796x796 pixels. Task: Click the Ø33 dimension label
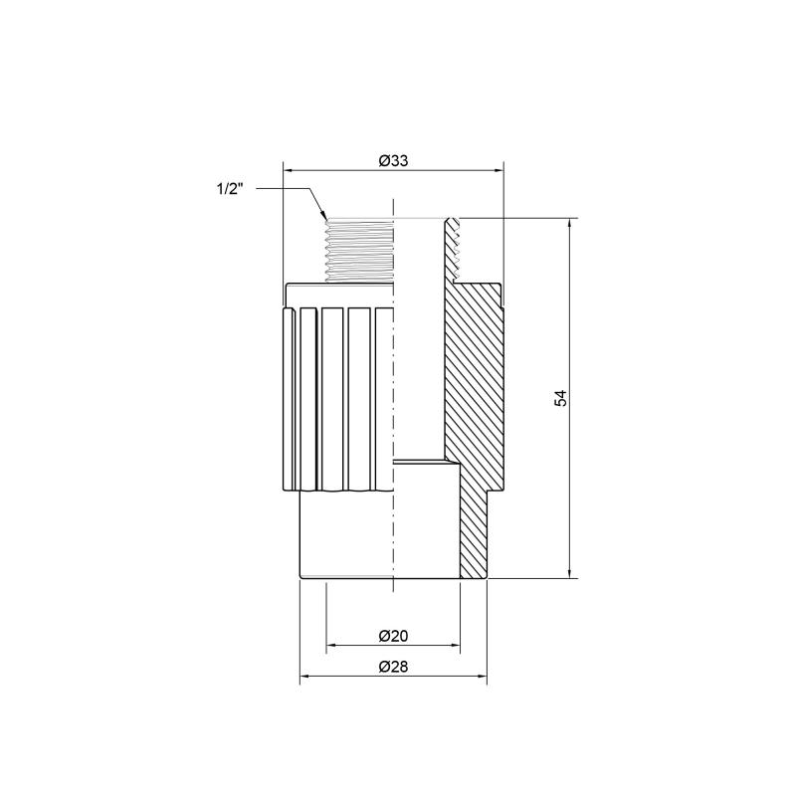point(393,161)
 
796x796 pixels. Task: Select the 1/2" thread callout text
point(230,189)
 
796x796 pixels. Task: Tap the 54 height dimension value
point(560,398)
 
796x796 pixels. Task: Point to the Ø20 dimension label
point(393,636)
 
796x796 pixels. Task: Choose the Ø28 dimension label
point(393,667)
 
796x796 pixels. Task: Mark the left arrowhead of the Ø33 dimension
point(289,171)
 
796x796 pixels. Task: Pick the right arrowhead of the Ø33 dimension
point(497,171)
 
